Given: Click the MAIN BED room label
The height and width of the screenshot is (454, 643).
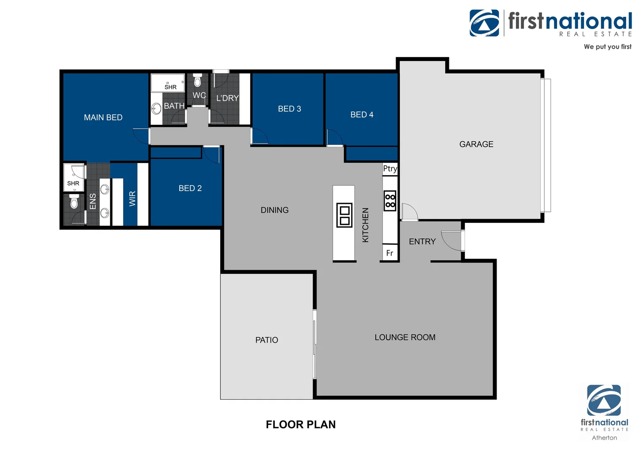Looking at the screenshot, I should click(x=103, y=118).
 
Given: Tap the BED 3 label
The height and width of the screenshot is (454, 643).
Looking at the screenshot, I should click(x=290, y=109).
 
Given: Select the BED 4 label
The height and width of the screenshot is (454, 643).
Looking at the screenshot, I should click(x=362, y=115).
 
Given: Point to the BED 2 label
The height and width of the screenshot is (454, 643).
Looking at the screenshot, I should click(x=190, y=188).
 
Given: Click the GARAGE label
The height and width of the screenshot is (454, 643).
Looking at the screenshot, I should click(x=476, y=144).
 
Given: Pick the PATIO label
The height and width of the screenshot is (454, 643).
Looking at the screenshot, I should click(x=267, y=340).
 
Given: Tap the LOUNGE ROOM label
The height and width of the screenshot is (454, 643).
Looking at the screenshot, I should click(x=405, y=338).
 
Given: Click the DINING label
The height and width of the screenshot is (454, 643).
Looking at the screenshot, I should click(x=274, y=210).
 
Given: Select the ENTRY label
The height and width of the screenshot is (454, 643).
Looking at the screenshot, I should click(x=422, y=242).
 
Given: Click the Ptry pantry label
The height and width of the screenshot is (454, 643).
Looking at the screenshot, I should click(x=390, y=169).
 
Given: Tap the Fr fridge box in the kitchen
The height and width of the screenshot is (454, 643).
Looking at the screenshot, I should click(x=390, y=253).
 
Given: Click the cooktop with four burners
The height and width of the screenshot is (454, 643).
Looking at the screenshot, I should click(x=390, y=201).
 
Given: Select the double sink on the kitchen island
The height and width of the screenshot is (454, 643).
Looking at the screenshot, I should click(x=344, y=215).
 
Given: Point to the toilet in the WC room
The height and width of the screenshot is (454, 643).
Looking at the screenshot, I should click(x=197, y=81).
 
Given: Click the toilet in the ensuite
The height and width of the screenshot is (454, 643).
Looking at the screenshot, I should click(x=74, y=203).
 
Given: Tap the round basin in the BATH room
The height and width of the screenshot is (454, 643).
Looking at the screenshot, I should click(x=157, y=109).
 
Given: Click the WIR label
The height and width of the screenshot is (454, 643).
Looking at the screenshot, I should click(x=133, y=198).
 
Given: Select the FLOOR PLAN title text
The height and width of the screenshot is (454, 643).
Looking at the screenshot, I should click(x=300, y=425).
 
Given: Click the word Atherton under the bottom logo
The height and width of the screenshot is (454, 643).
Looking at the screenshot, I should click(x=604, y=438).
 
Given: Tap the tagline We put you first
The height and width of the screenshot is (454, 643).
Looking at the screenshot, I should click(x=607, y=47).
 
